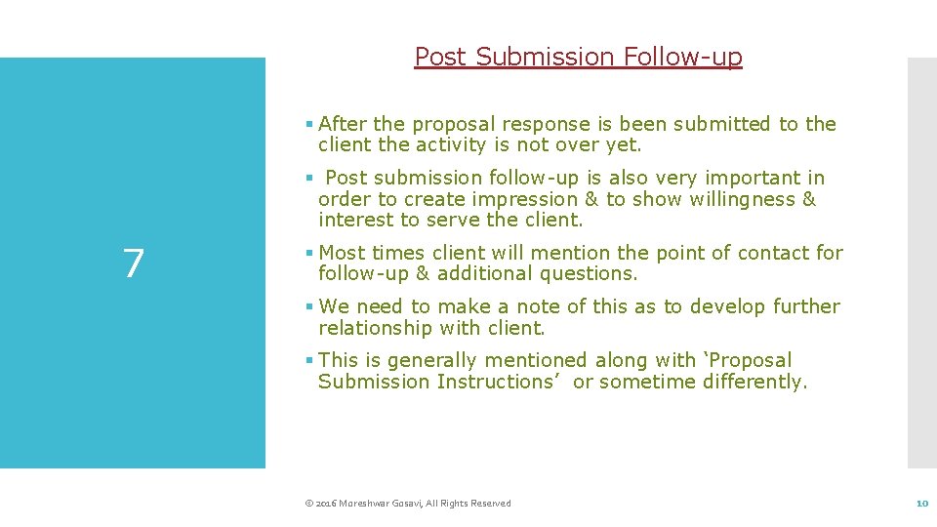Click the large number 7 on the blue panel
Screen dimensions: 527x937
[134, 263]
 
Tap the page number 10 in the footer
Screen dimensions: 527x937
[920, 504]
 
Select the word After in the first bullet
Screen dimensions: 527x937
[342, 124]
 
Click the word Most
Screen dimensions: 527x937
[342, 253]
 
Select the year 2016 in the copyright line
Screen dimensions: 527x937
[325, 504]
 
